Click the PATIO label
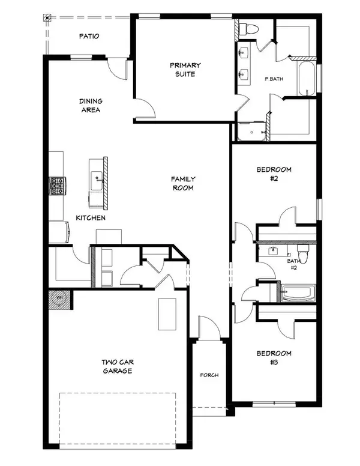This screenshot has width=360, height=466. pos(89,37)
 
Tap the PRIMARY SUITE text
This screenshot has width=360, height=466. pos(185,70)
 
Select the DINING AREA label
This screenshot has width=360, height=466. pos(90,106)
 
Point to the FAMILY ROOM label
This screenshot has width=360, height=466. pos(183,183)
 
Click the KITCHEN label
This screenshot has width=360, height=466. pos(91,217)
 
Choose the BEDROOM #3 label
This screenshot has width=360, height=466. pos(275,357)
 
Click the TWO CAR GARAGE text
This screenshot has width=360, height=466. pos(117,367)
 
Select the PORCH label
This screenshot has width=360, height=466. pos(209,375)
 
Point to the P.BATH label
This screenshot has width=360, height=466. pos(274,79)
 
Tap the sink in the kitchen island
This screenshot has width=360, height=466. pos(96,177)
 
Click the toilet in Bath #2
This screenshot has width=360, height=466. pos(304,254)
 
